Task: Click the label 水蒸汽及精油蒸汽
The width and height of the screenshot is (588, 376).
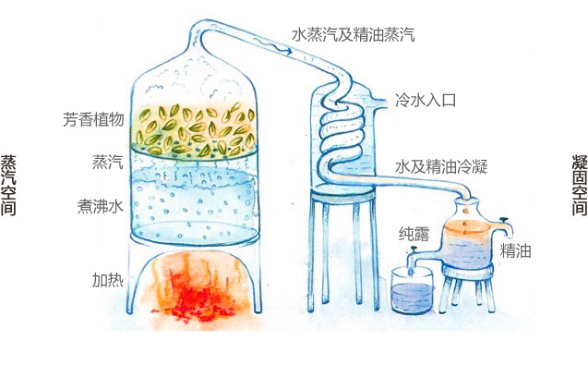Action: [353, 34]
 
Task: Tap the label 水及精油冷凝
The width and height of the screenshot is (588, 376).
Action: [441, 166]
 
